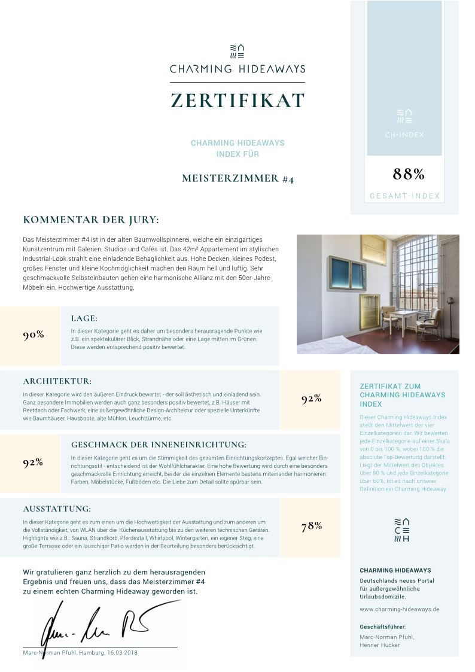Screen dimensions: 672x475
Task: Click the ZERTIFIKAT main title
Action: [237, 101]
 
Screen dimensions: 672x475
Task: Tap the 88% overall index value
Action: [409, 174]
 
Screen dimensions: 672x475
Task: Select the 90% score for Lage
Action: [34, 335]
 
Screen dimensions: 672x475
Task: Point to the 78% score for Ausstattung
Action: [312, 526]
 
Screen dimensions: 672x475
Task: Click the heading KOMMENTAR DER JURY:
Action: [91, 220]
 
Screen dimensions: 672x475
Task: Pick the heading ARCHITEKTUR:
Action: [57, 381]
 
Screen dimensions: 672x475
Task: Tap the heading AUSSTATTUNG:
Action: [57, 509]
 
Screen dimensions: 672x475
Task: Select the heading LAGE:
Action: [84, 318]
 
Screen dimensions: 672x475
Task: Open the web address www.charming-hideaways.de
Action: [400, 609]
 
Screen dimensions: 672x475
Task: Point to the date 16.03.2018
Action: [123, 652]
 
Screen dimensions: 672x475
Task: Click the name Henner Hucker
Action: [380, 645]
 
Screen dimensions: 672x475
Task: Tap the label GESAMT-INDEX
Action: [404, 196]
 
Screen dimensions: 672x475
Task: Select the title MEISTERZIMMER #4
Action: [237, 178]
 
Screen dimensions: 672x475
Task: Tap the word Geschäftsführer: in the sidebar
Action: [383, 627]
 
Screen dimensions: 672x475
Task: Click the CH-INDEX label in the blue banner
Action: [404, 135]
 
